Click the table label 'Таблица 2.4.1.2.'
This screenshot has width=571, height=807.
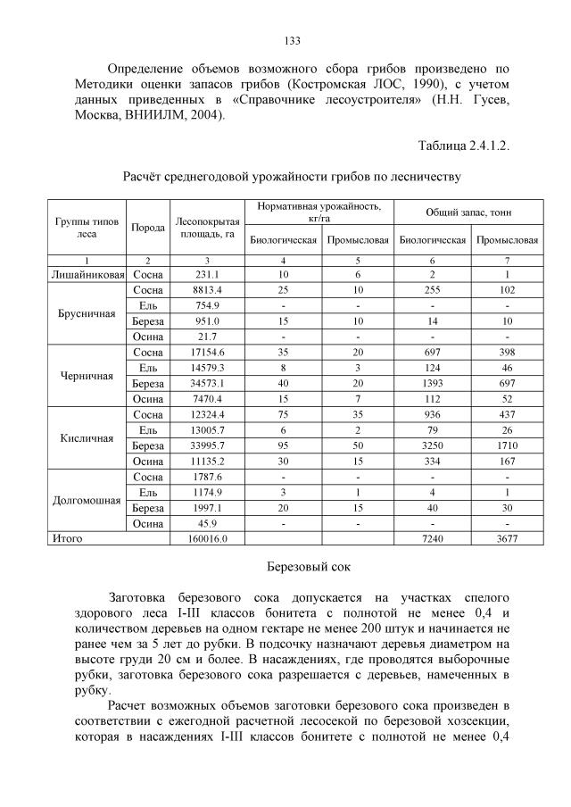463,146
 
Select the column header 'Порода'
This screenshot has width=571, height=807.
148,228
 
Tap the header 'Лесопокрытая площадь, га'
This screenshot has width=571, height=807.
207,228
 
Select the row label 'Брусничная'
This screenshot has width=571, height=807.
86,313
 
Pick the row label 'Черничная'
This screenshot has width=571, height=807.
86,376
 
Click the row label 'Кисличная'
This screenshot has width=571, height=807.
86,438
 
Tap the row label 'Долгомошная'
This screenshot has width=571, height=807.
86,501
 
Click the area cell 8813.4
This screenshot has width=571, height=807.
207,290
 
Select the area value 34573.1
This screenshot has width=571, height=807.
207,383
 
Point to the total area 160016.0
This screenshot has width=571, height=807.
207,539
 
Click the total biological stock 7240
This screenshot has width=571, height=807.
433,539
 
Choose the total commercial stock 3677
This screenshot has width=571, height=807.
507,539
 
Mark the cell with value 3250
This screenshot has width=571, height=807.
433,445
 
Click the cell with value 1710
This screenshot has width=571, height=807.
507,445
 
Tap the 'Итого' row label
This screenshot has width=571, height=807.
68,539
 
